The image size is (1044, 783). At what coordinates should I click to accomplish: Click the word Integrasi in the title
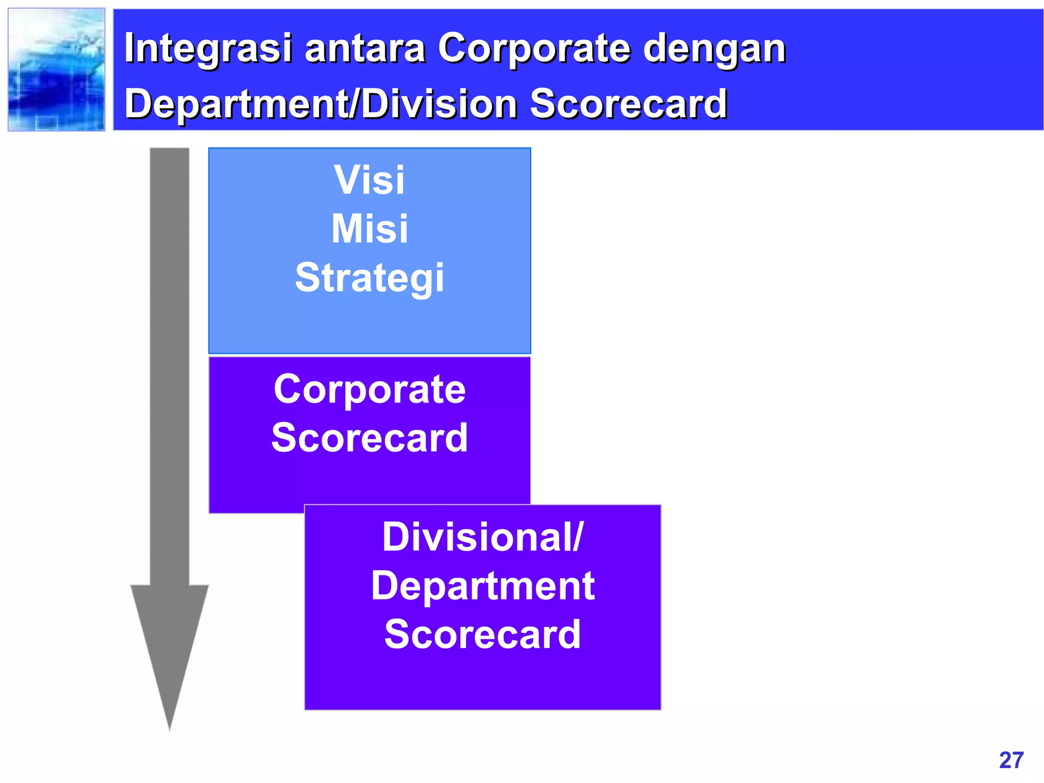(x=208, y=48)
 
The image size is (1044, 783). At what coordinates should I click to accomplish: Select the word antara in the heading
(x=364, y=48)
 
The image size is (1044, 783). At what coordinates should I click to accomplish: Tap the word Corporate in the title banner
(x=535, y=48)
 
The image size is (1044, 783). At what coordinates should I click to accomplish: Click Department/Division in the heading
(x=321, y=104)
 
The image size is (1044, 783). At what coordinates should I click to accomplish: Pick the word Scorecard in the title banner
(x=628, y=104)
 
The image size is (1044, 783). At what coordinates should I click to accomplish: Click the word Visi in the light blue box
(x=369, y=180)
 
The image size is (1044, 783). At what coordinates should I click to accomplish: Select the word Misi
(x=369, y=229)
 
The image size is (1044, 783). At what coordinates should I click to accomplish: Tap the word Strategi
(x=369, y=278)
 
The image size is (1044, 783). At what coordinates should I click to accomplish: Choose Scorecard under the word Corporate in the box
(x=369, y=438)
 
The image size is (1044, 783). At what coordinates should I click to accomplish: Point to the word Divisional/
(x=482, y=537)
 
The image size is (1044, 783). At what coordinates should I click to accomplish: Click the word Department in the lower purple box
(x=482, y=586)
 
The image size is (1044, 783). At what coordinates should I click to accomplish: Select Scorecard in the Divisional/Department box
(x=482, y=635)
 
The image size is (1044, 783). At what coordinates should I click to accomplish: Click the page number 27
(x=1011, y=760)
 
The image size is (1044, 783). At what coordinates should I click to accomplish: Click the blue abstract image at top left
(x=57, y=70)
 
